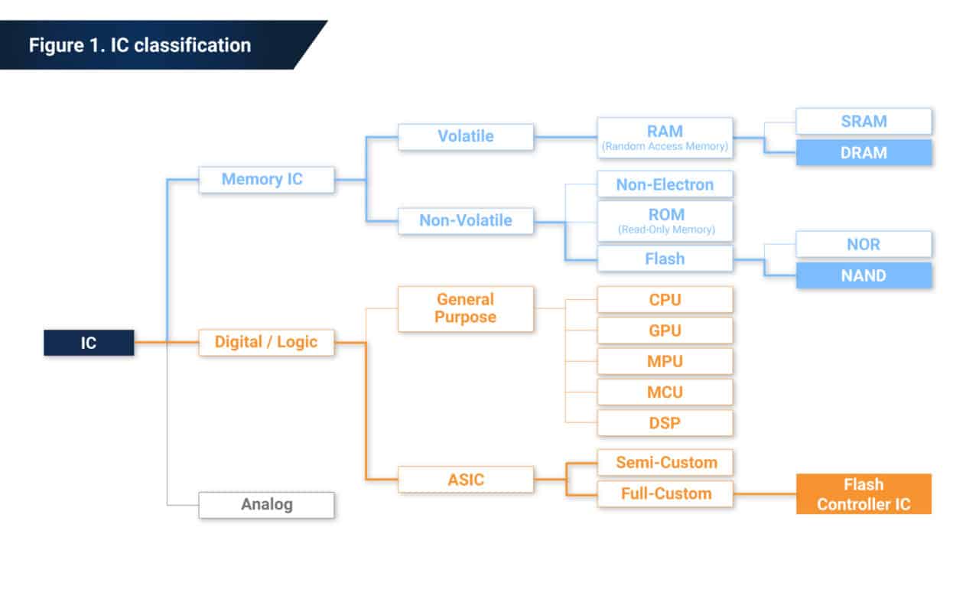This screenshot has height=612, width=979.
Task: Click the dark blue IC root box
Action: pyautogui.click(x=89, y=343)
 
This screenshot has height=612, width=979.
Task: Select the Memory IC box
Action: pyautogui.click(x=266, y=179)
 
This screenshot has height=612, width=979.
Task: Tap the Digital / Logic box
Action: pyautogui.click(x=266, y=342)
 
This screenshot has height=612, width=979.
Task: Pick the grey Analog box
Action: pyautogui.click(x=266, y=505)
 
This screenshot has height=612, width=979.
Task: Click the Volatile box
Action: pyautogui.click(x=465, y=136)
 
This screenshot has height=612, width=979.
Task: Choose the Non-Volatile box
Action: pyautogui.click(x=465, y=220)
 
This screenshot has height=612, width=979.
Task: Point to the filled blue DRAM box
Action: pyautogui.click(x=864, y=152)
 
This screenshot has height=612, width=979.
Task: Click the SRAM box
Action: pyautogui.click(x=864, y=121)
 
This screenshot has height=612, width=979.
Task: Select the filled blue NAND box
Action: pyautogui.click(x=864, y=275)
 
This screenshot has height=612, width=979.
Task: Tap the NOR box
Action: pyautogui.click(x=864, y=244)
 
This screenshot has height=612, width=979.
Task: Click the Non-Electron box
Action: pyautogui.click(x=665, y=184)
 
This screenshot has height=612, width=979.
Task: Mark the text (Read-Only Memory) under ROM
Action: pyautogui.click(x=665, y=229)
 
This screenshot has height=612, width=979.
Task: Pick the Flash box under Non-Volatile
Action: pyautogui.click(x=665, y=259)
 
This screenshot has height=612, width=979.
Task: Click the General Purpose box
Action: pyautogui.click(x=465, y=308)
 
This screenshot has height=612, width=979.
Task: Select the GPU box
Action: pyautogui.click(x=665, y=330)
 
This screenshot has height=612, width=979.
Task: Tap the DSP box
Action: pyautogui.click(x=665, y=423)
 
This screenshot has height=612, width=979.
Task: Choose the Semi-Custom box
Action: pyautogui.click(x=665, y=462)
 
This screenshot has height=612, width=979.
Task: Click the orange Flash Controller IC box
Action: pyautogui.click(x=864, y=494)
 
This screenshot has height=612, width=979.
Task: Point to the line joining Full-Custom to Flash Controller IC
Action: pyautogui.click(x=764, y=493)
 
